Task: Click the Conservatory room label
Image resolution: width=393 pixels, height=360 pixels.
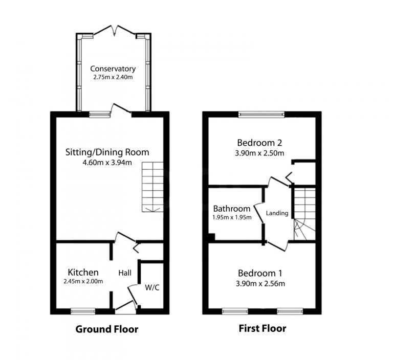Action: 113,69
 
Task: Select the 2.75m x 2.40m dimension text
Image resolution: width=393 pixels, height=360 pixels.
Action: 113,78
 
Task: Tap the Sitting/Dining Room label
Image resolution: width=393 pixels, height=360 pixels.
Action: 107,152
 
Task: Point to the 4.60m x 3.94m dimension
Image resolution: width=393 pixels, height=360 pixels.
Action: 107,163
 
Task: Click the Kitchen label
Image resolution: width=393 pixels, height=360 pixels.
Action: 83,272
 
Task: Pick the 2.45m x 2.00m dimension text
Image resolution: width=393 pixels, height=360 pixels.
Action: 83,281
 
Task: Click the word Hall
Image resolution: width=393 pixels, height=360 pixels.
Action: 125,273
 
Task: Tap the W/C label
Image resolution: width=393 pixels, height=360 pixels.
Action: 152,287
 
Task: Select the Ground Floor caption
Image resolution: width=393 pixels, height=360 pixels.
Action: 106,329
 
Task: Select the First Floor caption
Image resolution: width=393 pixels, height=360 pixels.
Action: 263,328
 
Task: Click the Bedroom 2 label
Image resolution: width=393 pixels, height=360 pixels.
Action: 259,143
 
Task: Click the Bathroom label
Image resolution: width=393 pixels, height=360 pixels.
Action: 232,209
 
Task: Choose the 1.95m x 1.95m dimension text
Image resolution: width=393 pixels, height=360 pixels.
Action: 232,217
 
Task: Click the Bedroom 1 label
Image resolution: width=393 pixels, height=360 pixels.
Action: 259,273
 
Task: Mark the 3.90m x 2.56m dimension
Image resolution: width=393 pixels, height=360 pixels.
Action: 259,284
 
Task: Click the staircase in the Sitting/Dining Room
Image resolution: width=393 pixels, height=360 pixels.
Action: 151,187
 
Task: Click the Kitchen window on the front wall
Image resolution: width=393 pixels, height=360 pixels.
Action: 83,310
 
